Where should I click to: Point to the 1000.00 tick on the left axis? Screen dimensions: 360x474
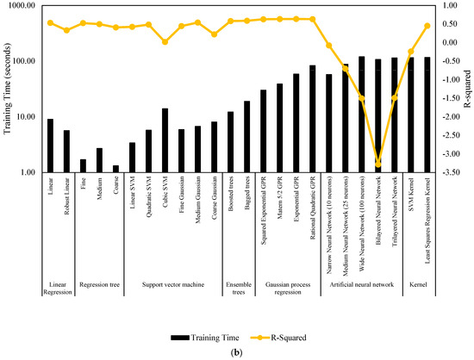pyautogui.click(x=24, y=6)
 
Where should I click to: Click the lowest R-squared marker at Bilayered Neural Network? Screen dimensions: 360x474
pyautogui.click(x=378, y=164)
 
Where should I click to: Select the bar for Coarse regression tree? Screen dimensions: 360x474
pyautogui.click(x=115, y=168)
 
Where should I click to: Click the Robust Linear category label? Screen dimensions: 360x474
pyautogui.click(x=66, y=195)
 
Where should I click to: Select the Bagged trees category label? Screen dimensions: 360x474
pyautogui.click(x=246, y=194)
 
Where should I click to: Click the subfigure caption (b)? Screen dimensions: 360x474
pyautogui.click(x=237, y=351)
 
